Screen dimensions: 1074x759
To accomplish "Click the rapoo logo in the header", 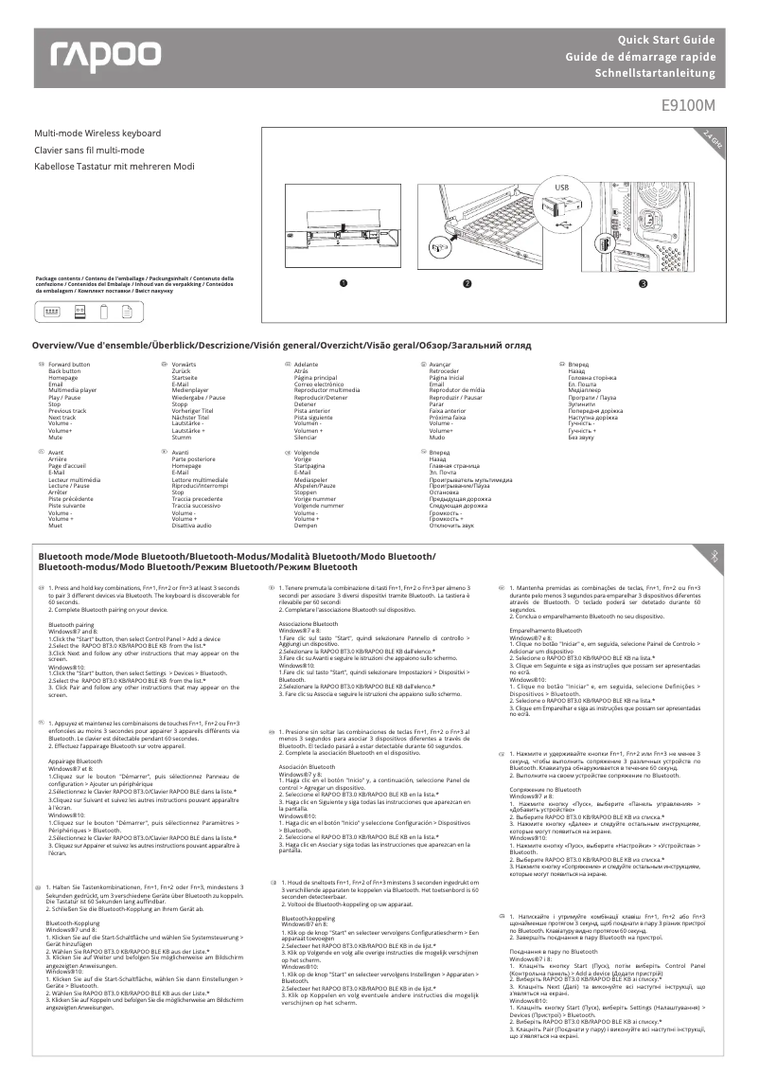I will click(x=106, y=57).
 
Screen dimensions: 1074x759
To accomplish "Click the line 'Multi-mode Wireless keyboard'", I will click(x=97, y=134).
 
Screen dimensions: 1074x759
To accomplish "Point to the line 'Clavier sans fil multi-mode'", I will click(x=89, y=150).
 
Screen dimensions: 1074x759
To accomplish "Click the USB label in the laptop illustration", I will click(x=562, y=188).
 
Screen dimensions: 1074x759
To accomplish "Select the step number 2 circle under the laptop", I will click(x=467, y=283).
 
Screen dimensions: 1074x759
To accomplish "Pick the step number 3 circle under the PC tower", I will click(x=643, y=283).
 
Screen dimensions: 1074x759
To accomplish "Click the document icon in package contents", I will click(x=124, y=316).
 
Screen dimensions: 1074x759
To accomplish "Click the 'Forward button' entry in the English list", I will click(x=69, y=364).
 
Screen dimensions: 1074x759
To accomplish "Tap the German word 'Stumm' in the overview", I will click(x=182, y=438).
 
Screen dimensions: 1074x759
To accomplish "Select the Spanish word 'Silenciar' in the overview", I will click(x=307, y=438).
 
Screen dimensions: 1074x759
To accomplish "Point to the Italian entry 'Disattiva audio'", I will click(x=192, y=525).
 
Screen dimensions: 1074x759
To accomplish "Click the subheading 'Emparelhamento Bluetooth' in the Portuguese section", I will click(x=546, y=630).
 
